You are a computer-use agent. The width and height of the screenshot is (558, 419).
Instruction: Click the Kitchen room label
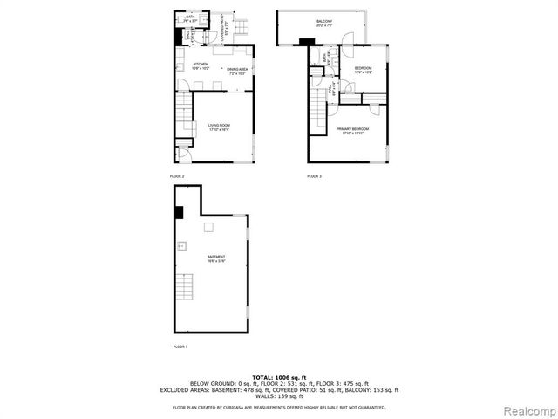click(200, 65)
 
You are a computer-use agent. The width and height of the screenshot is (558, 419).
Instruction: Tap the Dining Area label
click(238, 71)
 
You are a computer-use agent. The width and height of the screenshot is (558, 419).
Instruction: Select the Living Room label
click(219, 127)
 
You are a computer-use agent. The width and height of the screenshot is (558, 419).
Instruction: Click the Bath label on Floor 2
click(190, 17)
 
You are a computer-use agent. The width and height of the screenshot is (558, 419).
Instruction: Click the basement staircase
click(185, 287)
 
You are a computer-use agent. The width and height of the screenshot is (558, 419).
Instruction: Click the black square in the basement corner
click(179, 212)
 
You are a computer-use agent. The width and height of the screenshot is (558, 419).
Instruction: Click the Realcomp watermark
click(530, 410)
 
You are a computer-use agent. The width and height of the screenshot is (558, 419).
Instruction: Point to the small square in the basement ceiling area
click(209, 228)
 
